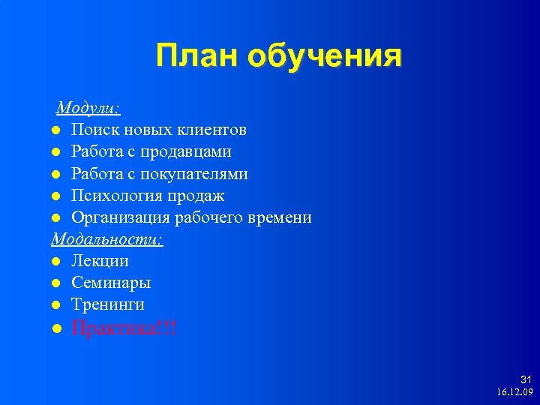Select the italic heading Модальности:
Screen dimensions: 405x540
[107, 239]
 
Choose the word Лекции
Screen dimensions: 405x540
[100, 261]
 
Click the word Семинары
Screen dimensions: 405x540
[111, 283]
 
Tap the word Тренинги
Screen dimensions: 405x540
[108, 304]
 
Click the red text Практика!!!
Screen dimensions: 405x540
[124, 328]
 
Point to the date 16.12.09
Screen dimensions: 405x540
[514, 392]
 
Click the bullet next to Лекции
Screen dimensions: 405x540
[56, 262]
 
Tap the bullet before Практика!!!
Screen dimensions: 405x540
[56, 328]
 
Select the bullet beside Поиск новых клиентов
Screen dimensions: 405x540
[56, 130]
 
